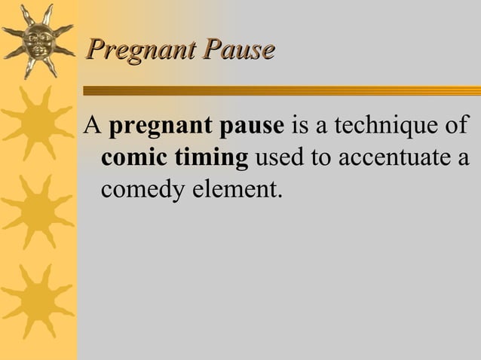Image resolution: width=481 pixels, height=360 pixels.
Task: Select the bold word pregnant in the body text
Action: [154, 126]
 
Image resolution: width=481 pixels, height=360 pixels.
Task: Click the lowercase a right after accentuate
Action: [463, 160]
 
